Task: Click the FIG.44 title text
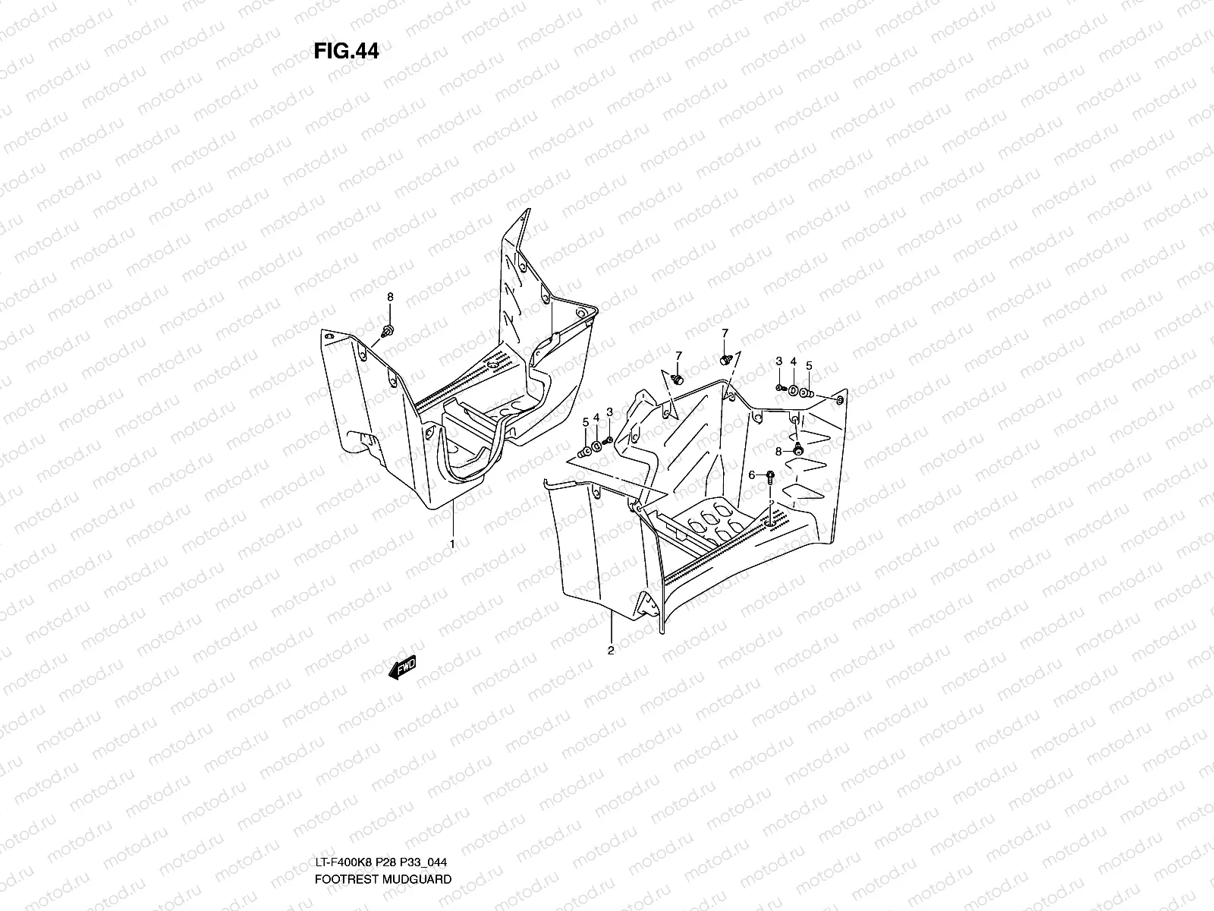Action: [x=346, y=51]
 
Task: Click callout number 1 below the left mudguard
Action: [x=452, y=544]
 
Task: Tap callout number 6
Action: [x=752, y=474]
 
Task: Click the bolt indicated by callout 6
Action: [x=769, y=478]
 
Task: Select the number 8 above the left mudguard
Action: [x=390, y=296]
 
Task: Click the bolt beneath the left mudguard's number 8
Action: [x=389, y=331]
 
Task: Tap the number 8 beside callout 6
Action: [x=778, y=451]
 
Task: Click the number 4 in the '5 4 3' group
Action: [x=596, y=418]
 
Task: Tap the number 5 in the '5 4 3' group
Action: [x=585, y=422]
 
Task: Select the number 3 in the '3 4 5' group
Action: [x=778, y=361]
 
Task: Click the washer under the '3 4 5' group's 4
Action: [x=793, y=392]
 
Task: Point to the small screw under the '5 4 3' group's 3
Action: [x=608, y=440]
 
